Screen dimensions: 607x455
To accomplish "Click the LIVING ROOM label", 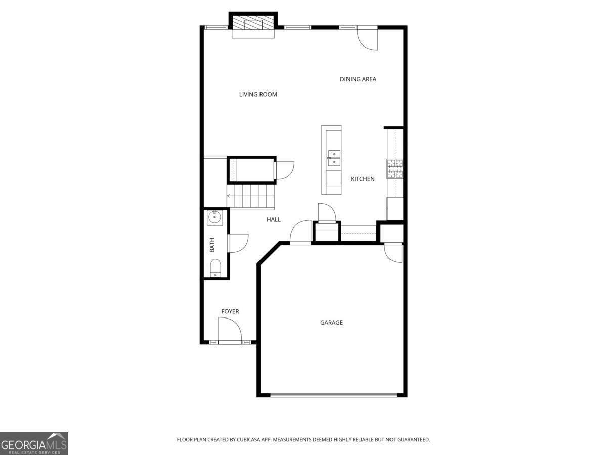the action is tap(258, 94).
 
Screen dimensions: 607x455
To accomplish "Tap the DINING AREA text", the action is tap(358, 79).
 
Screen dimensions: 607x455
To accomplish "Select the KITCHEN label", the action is tap(363, 179).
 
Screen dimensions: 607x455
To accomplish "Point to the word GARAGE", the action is tap(331, 322).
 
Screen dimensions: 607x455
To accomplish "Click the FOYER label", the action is tap(230, 311).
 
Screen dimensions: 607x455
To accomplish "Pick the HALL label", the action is tap(274, 219).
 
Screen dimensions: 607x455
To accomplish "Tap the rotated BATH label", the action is tap(212, 245).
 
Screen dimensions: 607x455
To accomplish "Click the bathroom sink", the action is tap(214, 217).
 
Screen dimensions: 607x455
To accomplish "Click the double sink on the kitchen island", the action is tap(334, 158).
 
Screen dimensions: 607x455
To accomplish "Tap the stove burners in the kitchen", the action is tap(395, 169).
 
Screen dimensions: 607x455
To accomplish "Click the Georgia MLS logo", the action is tap(34, 443).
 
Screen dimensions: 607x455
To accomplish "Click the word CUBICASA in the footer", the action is tap(248, 439).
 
